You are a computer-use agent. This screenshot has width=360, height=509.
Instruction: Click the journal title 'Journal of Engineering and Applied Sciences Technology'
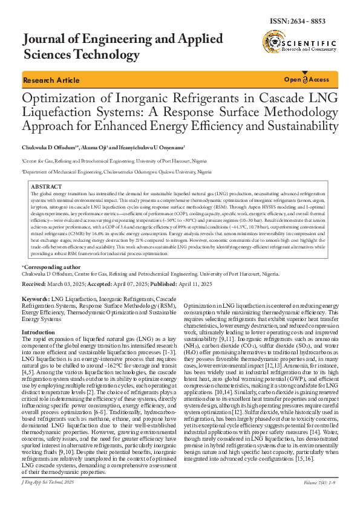click(121, 48)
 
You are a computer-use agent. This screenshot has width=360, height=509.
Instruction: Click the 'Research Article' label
click(51, 80)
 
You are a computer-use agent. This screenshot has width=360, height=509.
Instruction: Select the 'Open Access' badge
click(307, 80)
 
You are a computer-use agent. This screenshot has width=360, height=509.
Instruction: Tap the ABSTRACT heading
click(46, 187)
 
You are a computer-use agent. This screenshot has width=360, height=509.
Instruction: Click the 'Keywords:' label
click(36, 300)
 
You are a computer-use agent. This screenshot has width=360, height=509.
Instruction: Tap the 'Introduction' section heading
click(38, 332)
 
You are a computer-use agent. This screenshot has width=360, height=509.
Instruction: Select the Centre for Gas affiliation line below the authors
click(114, 161)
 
